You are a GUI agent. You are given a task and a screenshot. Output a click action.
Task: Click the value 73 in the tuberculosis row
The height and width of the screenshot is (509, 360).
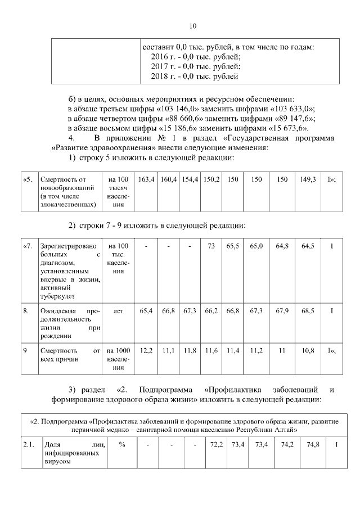[x=211, y=246]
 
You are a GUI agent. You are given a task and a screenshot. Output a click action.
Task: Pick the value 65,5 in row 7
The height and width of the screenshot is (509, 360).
[x=233, y=246]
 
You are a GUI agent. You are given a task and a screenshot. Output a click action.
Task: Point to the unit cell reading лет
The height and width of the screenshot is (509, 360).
[x=119, y=310]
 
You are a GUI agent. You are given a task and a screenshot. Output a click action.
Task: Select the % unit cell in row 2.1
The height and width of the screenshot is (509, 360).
[x=121, y=444]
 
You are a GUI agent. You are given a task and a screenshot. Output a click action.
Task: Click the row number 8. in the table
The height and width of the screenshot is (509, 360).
[x=26, y=310]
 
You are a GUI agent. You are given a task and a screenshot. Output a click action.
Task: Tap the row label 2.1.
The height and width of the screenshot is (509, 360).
[x=29, y=444]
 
